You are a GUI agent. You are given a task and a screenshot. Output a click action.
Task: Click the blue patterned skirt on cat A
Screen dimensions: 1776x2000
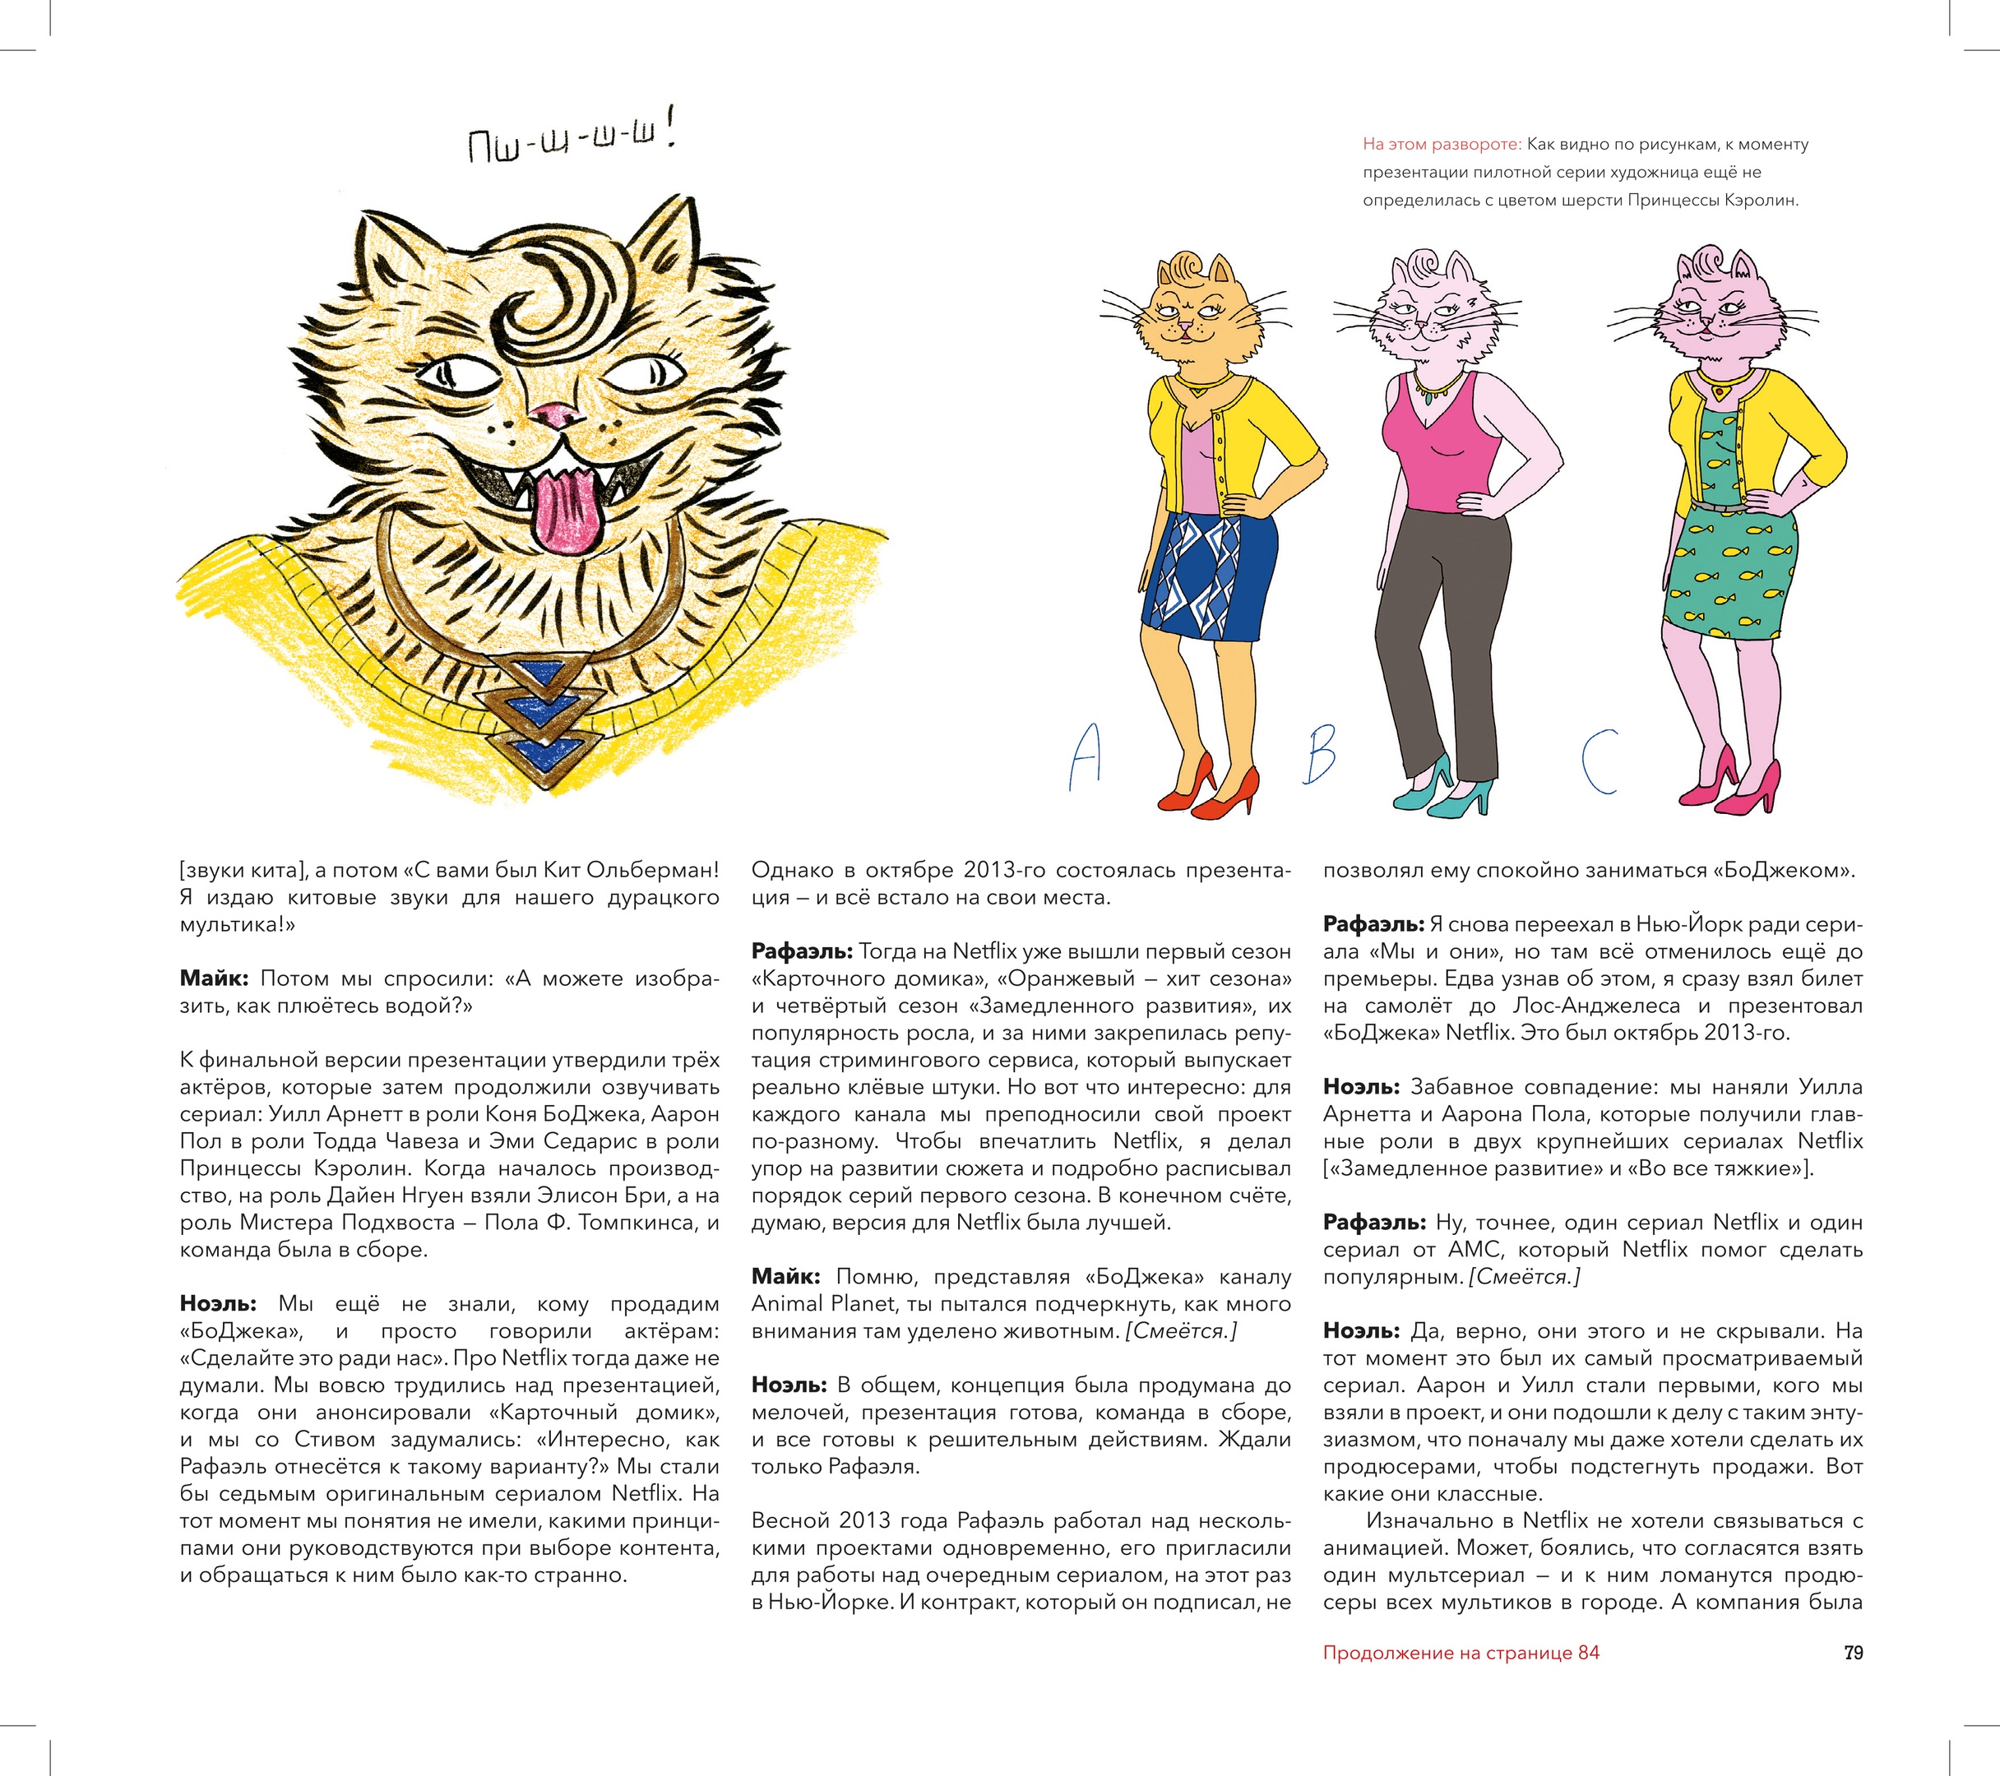click(1211, 577)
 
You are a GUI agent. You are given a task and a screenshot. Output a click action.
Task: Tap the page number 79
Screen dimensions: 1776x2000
click(1854, 1653)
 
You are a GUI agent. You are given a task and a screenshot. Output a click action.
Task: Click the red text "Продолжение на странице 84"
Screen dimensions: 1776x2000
click(1461, 1653)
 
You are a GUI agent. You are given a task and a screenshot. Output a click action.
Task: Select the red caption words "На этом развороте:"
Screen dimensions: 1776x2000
click(1442, 145)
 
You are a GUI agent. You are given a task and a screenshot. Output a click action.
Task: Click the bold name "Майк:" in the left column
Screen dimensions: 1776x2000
click(215, 978)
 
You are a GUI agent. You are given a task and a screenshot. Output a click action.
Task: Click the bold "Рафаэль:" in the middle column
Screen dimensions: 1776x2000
click(803, 951)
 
